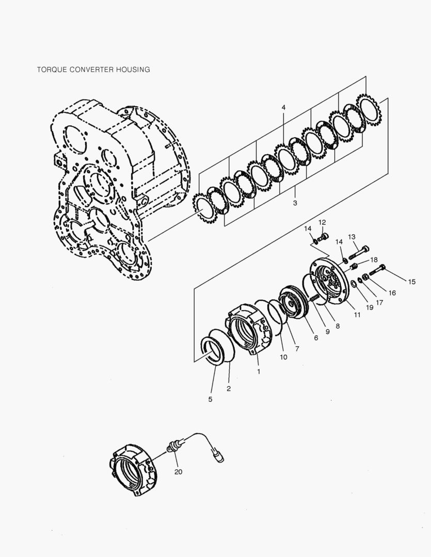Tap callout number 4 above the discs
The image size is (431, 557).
point(283,107)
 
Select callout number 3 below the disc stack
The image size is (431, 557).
point(295,203)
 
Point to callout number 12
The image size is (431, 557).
point(322,222)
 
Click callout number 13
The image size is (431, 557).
point(352,237)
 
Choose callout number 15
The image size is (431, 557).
point(411,282)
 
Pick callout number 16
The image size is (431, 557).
point(392,292)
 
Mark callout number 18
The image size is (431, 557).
point(374,259)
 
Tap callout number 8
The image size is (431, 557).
point(338,326)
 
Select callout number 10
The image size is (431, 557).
point(284,357)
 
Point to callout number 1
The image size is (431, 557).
point(259,370)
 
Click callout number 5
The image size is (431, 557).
point(210,399)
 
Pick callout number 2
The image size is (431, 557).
point(229,388)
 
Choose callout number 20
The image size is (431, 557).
point(178,471)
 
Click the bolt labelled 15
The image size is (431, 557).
point(377,269)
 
